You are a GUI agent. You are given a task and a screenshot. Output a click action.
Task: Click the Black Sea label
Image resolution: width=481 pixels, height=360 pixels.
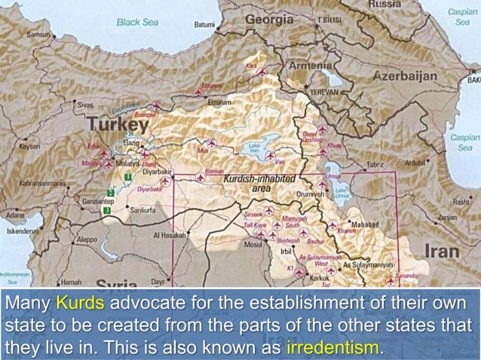pos(138,23)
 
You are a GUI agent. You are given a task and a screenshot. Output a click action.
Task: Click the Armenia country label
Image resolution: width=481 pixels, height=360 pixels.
pos(311,66)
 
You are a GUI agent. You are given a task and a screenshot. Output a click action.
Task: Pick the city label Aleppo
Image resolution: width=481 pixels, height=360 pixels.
pos(87,240)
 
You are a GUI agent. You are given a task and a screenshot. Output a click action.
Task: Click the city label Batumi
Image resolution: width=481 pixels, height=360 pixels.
pos(204,24)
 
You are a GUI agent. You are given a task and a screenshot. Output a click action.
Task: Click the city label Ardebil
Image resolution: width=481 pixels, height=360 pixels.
pos(415,161)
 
